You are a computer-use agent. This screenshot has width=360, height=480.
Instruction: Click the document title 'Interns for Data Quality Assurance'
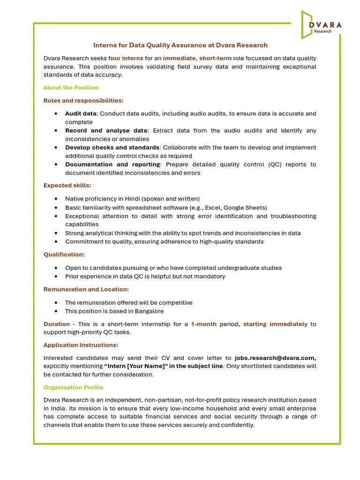click(180, 45)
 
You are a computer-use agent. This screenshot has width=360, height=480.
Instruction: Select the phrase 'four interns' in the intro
click(126, 58)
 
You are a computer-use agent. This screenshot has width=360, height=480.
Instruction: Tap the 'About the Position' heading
click(71, 88)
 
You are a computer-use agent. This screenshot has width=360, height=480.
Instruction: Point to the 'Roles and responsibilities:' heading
click(83, 100)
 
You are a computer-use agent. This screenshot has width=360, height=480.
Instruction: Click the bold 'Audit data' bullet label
click(81, 113)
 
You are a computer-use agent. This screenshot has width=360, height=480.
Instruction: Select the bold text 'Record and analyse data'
click(106, 130)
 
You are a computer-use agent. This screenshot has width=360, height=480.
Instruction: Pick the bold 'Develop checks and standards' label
click(112, 147)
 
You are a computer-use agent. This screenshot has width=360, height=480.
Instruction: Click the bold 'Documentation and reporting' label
click(112, 164)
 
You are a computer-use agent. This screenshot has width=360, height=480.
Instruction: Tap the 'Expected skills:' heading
click(67, 186)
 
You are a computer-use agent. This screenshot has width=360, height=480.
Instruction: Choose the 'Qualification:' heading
click(64, 255)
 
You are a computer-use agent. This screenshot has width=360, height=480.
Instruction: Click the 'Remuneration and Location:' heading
click(86, 289)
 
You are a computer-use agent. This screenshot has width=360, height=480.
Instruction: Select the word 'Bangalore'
click(149, 311)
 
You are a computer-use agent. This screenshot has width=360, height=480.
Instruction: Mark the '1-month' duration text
click(203, 324)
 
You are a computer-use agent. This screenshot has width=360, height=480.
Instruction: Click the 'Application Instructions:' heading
click(81, 345)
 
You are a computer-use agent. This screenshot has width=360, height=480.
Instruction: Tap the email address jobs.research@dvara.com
click(275, 358)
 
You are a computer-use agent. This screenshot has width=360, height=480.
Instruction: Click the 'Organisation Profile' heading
click(73, 388)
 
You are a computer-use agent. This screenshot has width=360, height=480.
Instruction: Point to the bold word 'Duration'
click(56, 324)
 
